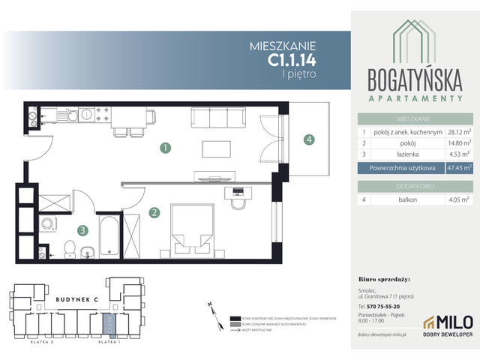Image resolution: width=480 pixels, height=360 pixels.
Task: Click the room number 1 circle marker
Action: click(x=164, y=148)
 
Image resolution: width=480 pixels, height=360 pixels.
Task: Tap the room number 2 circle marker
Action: click(x=153, y=213)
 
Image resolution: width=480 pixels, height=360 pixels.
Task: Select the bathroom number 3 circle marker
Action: click(x=84, y=231)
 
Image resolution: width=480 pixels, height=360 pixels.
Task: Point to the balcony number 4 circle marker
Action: click(x=308, y=139)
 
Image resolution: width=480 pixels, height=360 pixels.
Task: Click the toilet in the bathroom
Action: click(x=68, y=247)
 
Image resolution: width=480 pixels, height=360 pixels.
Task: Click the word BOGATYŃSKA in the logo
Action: click(x=414, y=79)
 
